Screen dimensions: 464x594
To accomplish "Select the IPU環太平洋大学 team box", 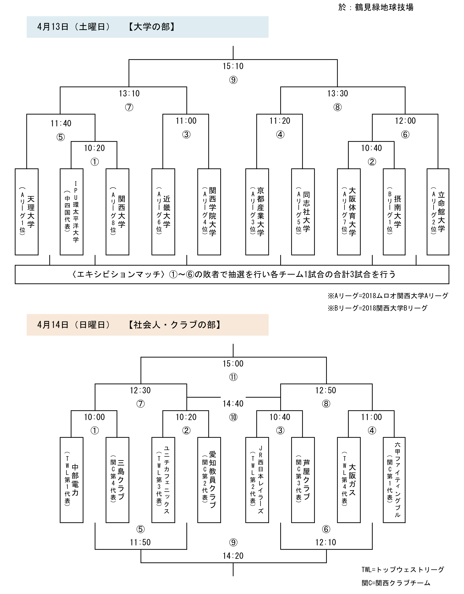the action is pyautogui.click(x=72, y=212).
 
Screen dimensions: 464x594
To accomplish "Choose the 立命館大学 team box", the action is pyautogui.click(x=438, y=212).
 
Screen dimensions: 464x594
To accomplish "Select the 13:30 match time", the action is pyautogui.click(x=338, y=93).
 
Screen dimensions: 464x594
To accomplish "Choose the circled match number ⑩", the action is pyautogui.click(x=233, y=417).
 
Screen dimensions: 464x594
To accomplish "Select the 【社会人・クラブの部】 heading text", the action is pyautogui.click(x=175, y=325).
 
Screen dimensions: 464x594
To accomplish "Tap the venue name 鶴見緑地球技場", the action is pyautogui.click(x=384, y=7).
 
